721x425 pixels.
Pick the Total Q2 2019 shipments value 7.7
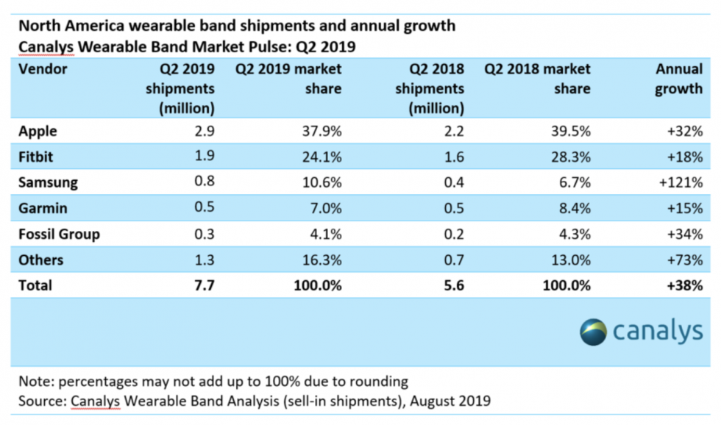coord(203,285)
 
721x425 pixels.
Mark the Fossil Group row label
coord(59,234)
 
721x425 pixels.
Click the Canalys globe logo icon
coord(593,332)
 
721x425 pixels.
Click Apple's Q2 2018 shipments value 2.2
coord(452,132)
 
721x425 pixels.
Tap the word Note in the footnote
coord(35,382)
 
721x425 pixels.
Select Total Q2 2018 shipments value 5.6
coord(452,285)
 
